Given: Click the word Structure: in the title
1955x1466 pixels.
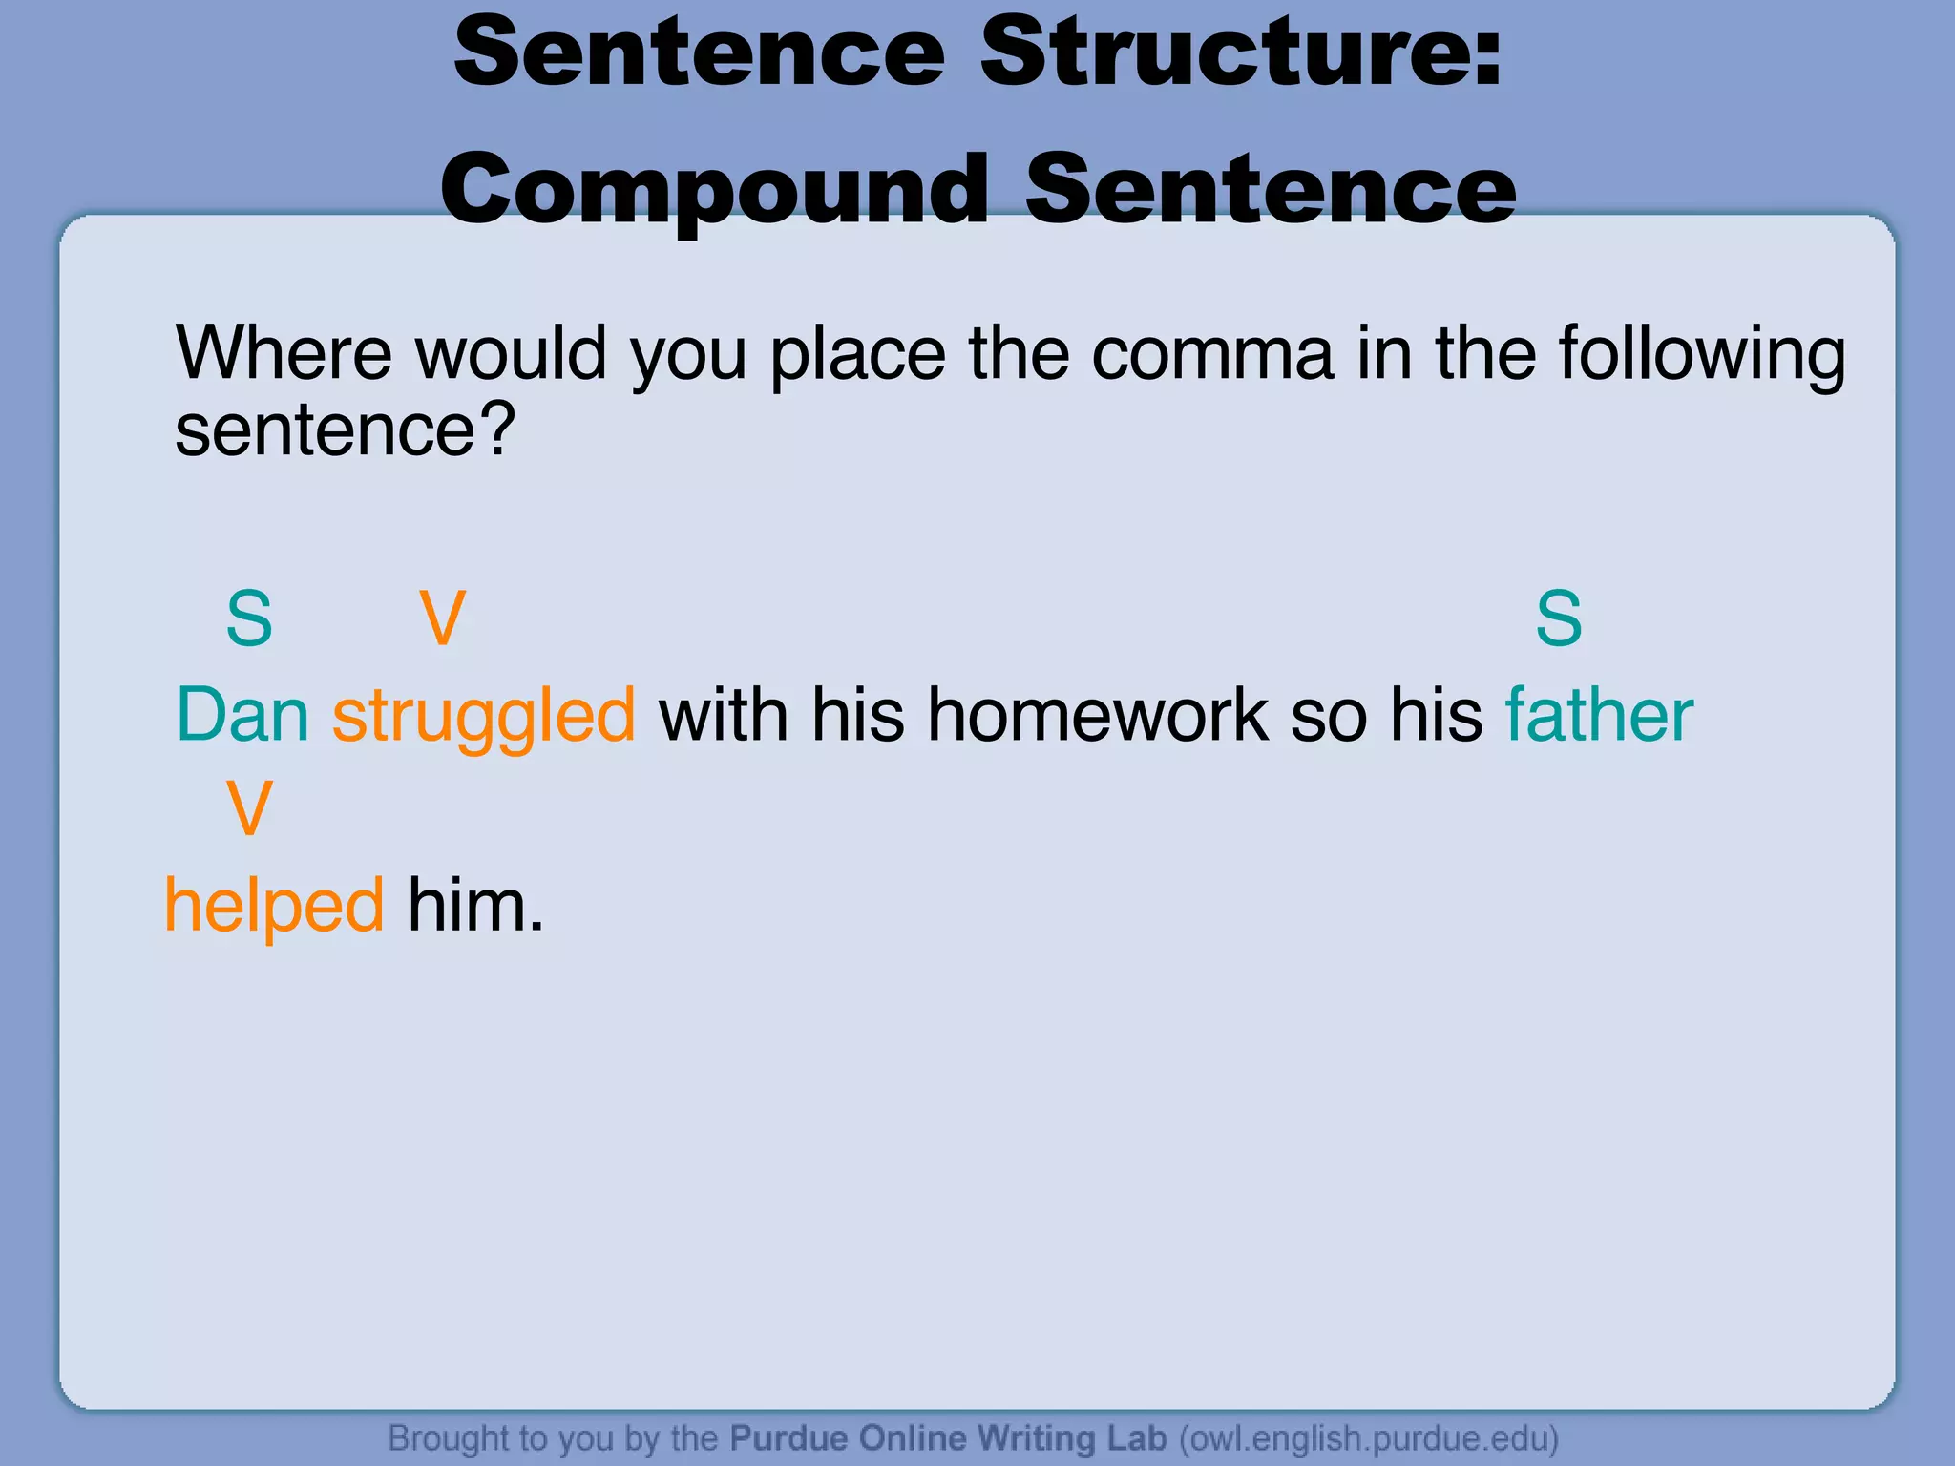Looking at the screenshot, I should pos(1241,52).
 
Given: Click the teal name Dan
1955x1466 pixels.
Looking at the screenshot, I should pos(242,715).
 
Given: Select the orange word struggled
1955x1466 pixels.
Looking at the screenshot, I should pos(483,717).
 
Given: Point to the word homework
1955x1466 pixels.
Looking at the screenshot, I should pos(1098,715).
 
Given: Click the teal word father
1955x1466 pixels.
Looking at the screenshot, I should pos(1599,715).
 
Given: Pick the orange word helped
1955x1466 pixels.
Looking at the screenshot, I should pos(274,906).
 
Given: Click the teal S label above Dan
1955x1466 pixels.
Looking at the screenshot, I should pos(249,618).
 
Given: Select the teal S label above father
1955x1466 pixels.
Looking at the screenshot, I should pos(1558,618).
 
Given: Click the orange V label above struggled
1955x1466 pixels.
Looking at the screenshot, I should pos(443,618).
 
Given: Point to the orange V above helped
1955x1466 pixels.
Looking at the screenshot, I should pos(249,808).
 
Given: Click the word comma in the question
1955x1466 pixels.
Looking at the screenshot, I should pos(1211,354).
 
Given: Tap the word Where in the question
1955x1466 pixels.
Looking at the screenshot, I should pos(284,354).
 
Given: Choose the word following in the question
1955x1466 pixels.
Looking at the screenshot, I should pos(1702,354).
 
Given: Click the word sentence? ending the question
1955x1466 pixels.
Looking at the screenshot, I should pos(345,430).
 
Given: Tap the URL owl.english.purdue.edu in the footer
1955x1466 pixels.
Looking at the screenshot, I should pos(1369,1437).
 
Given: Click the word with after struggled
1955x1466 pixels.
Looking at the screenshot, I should pos(724,715).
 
